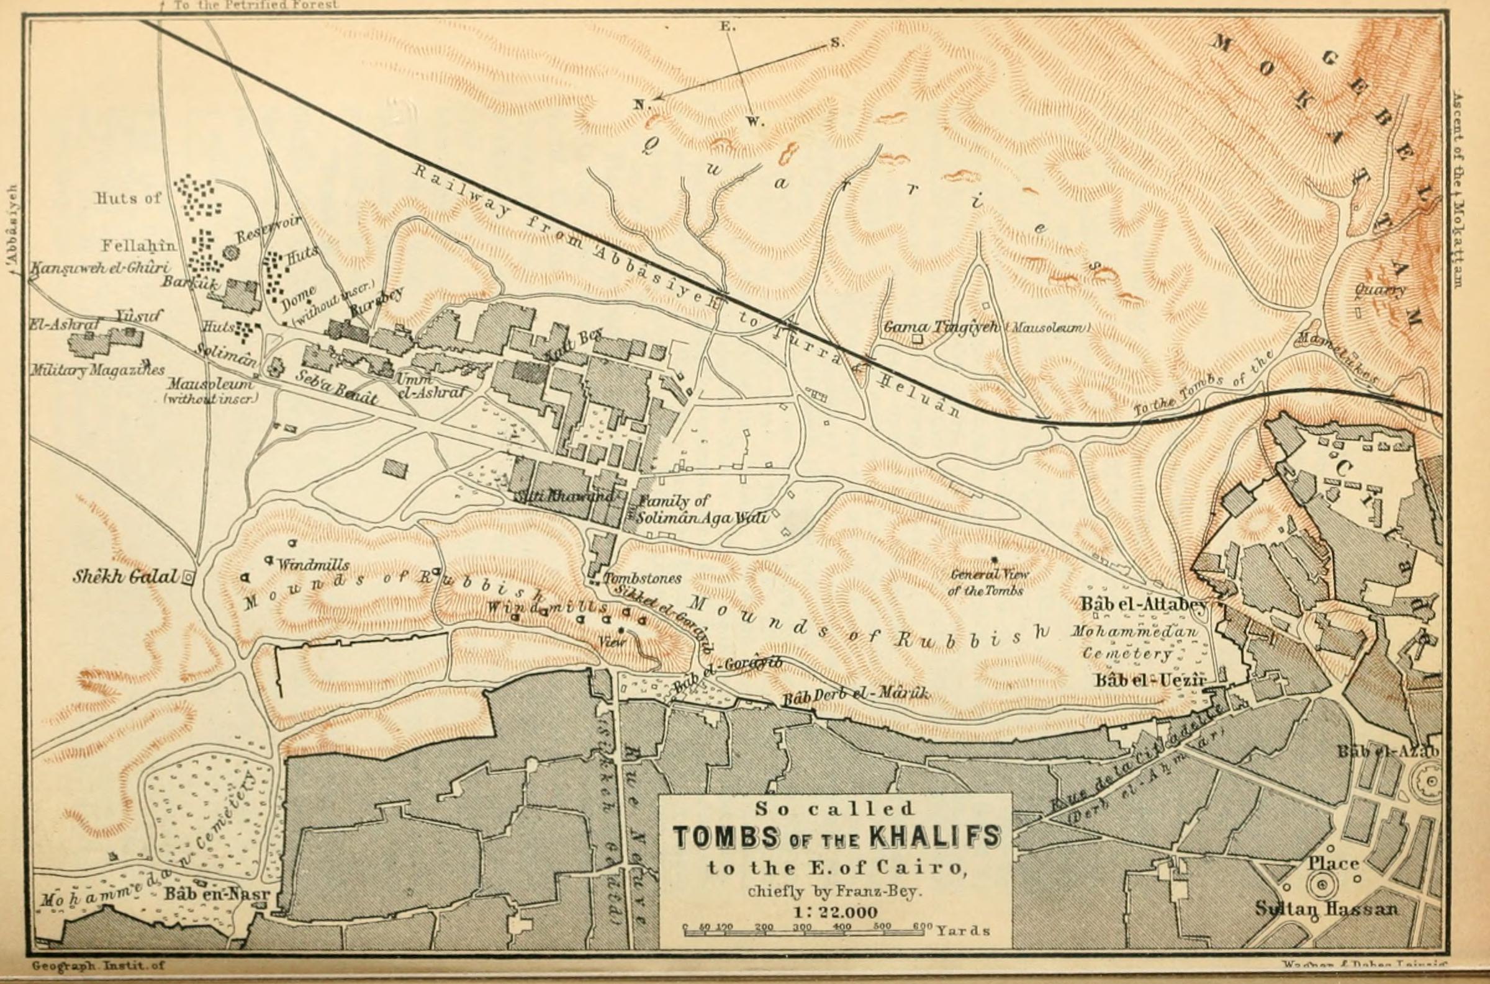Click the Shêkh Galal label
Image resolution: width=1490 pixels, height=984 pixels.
(125, 577)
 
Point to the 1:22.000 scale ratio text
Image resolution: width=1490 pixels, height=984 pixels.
(835, 913)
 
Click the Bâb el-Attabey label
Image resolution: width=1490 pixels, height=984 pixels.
(1143, 605)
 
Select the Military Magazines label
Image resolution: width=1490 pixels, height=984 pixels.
(97, 371)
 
